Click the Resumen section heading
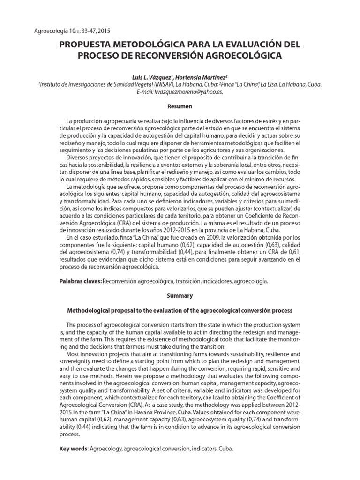tap(180, 107)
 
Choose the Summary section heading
tap(180, 296)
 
